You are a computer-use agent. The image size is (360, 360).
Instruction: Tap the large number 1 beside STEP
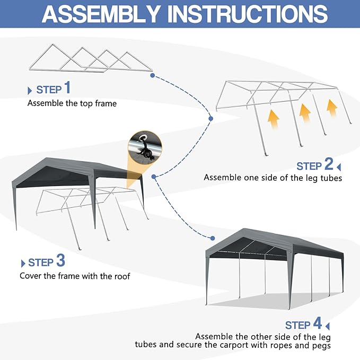pyautogui.click(x=67, y=87)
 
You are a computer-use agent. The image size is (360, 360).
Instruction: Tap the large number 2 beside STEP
pyautogui.click(x=329, y=164)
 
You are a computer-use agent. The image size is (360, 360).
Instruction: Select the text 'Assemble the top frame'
pyautogui.click(x=72, y=103)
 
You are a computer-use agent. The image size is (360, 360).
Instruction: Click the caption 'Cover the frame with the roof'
pyautogui.click(x=75, y=276)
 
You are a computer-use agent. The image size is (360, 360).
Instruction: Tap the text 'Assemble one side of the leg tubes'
pyautogui.click(x=273, y=178)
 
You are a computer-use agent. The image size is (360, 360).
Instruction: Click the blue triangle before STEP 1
pyautogui.click(x=30, y=90)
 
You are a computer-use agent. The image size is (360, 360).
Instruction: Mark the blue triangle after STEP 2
pyautogui.click(x=339, y=167)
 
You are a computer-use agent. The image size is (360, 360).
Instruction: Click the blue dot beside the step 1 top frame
pyautogui.click(x=152, y=76)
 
